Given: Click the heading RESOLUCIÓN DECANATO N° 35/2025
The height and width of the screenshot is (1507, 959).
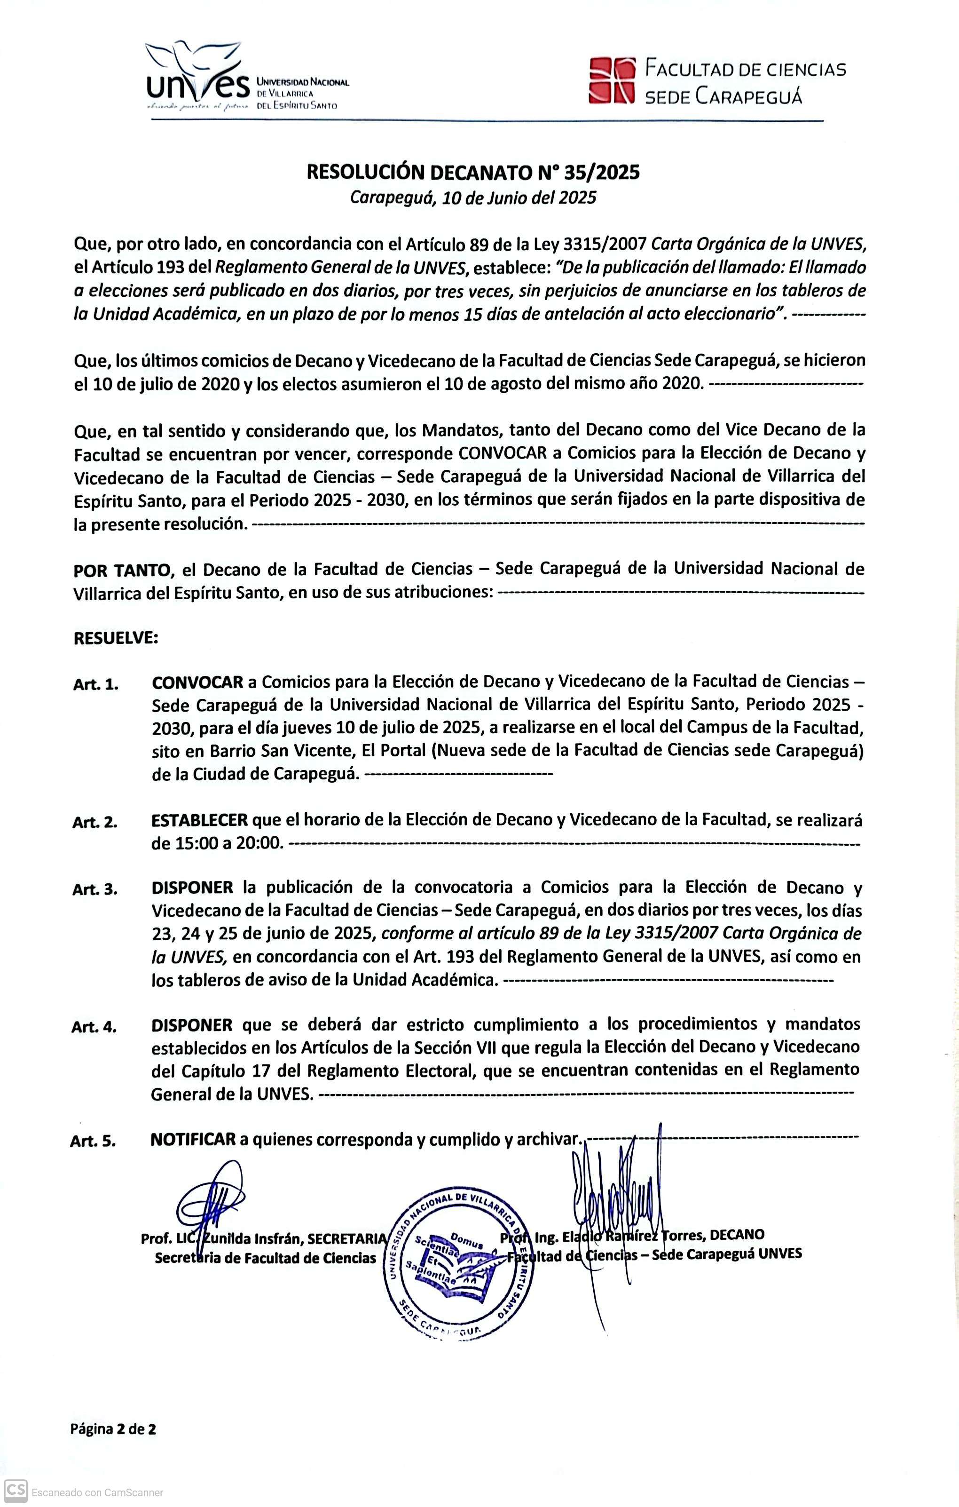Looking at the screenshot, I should tap(473, 172).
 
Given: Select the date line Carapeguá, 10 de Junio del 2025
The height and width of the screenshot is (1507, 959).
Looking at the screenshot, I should tap(473, 198).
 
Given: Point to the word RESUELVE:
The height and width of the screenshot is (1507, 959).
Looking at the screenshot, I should tap(116, 638).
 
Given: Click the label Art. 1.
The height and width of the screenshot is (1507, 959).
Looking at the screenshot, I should tap(96, 684).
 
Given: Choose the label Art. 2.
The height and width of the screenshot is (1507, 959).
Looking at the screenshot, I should tap(95, 822).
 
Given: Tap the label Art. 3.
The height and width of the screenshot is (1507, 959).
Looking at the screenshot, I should tap(95, 889).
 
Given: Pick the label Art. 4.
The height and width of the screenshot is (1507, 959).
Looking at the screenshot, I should tap(94, 1027).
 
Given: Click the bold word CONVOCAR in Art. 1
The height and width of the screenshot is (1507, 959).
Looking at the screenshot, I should tap(198, 682).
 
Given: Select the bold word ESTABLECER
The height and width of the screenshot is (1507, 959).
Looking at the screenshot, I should tap(199, 820).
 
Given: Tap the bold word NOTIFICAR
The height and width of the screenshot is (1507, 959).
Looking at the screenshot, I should tap(193, 1140).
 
